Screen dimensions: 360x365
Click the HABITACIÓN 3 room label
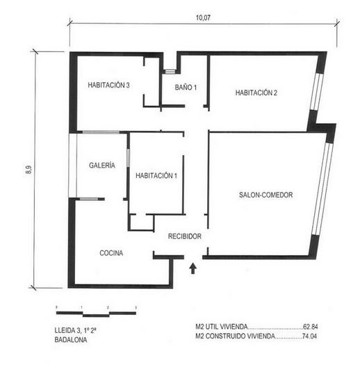tap(108, 86)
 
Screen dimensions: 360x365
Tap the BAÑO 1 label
tap(186, 88)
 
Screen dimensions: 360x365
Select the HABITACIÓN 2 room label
tap(256, 93)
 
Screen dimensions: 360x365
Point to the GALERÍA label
tap(102, 165)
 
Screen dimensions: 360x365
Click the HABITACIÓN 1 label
tap(156, 175)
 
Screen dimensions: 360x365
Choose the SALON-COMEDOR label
tap(265, 195)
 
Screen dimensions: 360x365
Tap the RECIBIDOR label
tap(185, 236)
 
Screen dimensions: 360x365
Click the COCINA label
tap(111, 253)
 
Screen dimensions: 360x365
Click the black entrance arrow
tap(193, 268)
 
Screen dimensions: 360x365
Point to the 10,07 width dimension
tap(203, 17)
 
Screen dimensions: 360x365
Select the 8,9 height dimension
tap(28, 170)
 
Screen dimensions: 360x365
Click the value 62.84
tap(311, 327)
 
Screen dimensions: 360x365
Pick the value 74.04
tap(309, 336)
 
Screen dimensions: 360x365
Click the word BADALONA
tap(71, 340)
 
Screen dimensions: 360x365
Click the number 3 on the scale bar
tap(136, 308)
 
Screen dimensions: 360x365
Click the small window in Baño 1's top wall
tap(170, 72)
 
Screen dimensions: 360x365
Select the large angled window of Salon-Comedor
tap(322, 189)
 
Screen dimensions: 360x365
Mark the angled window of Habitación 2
tap(317, 92)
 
